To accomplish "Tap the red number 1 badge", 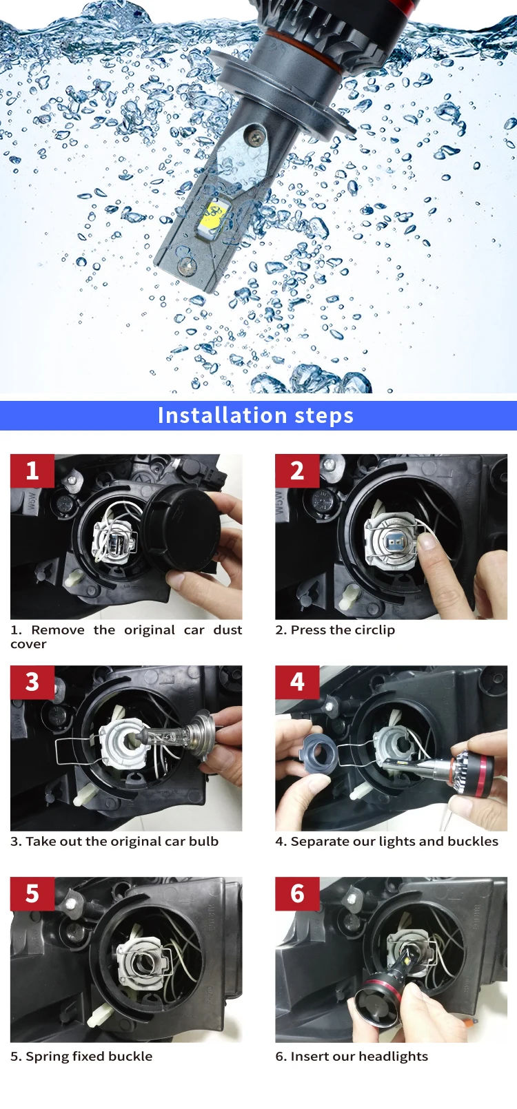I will coord(32,471).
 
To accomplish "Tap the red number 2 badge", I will coord(297,471).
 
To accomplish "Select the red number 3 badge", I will coord(32,683).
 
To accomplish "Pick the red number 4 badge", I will coord(297,683).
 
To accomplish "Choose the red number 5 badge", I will coord(32,894).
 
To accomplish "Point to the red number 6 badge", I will coord(297,894).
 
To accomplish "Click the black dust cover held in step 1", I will coord(183,527).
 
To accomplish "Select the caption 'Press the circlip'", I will coord(335,630).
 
